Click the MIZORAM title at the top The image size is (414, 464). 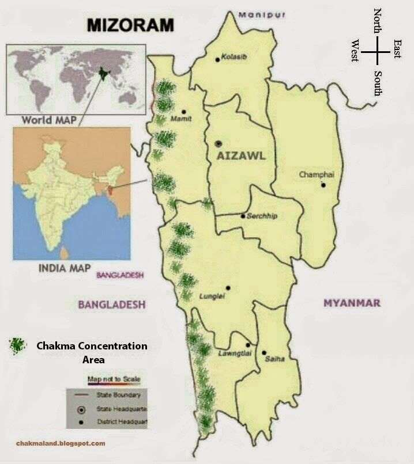click(130, 25)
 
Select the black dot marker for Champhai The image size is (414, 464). click(323, 185)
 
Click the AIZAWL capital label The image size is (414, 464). click(242, 155)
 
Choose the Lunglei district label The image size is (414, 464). click(211, 296)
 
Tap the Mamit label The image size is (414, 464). click(180, 119)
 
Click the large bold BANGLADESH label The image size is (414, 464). click(112, 305)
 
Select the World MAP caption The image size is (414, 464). click(48, 121)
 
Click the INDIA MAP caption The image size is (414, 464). click(64, 268)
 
